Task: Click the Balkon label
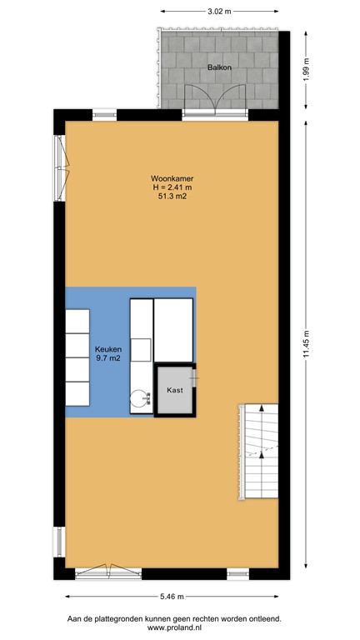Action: tap(218, 66)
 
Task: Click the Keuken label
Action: tap(108, 350)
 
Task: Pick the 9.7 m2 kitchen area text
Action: tap(108, 360)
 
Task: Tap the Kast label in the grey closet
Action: tap(175, 390)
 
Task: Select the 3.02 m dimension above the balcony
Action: tap(218, 11)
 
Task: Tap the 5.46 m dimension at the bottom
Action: tap(172, 597)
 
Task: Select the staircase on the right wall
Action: tap(259, 452)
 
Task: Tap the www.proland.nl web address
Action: tap(180, 628)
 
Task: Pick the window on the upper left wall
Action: tap(61, 167)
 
